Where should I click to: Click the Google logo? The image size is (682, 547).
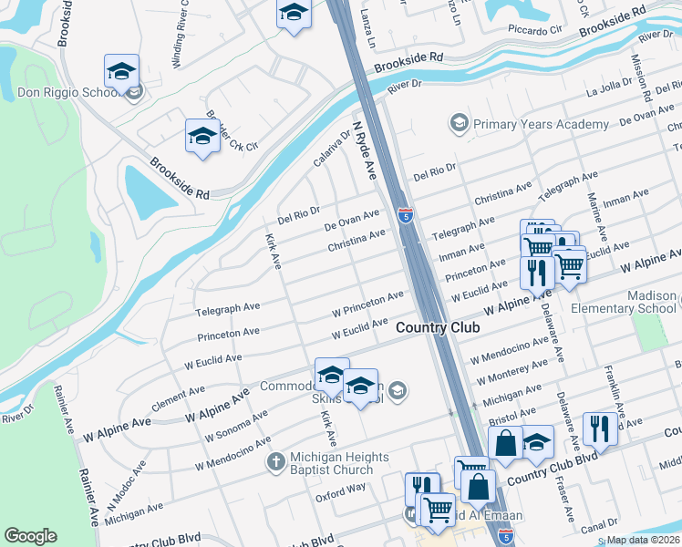point(30,536)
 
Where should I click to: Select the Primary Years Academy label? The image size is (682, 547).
point(541,124)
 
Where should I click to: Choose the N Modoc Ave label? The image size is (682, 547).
point(125,485)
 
